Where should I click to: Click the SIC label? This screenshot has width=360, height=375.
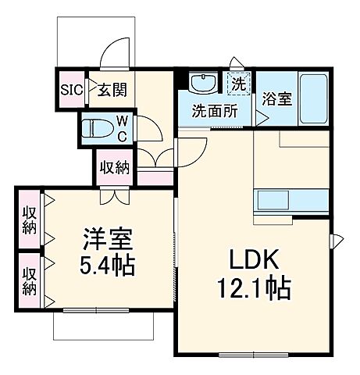[71, 87]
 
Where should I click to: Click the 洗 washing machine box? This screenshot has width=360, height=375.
[237, 81]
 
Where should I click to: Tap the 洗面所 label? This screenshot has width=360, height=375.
[214, 110]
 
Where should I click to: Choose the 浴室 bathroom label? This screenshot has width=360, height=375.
[275, 100]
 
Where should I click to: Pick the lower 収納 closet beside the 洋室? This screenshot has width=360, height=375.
[30, 278]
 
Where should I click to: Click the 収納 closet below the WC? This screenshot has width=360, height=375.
[115, 167]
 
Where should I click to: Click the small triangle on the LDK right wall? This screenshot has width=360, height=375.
[338, 239]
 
